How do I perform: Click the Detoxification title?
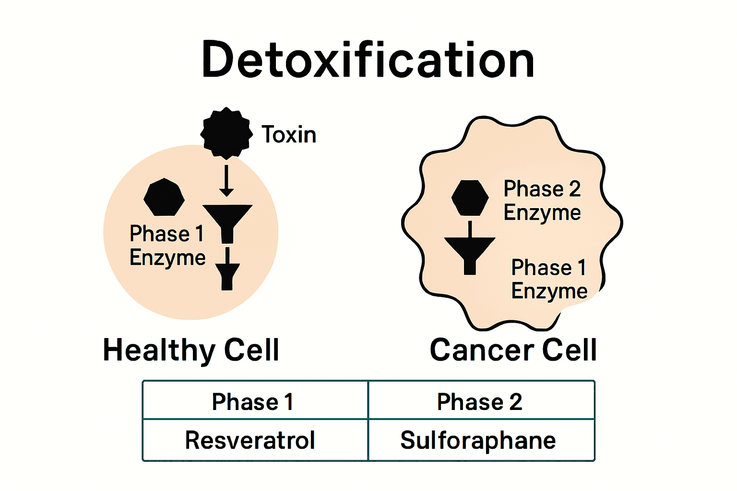(368, 60)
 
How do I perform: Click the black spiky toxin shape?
(226, 133)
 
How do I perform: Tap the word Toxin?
(289, 135)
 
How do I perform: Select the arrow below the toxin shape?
(226, 181)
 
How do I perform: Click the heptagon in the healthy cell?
(164, 198)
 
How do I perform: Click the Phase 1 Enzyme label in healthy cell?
(167, 245)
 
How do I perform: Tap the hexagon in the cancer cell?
(470, 198)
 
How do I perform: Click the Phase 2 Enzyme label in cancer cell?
(542, 200)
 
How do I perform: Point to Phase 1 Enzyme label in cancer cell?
(549, 279)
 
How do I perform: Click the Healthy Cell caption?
(191, 350)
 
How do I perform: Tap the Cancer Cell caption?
(513, 350)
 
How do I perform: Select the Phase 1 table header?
(253, 402)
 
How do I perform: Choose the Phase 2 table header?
(480, 402)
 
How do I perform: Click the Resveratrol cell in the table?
(250, 440)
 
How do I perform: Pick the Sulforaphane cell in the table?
(478, 440)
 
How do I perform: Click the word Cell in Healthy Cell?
(251, 350)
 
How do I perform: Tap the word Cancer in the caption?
(482, 350)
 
